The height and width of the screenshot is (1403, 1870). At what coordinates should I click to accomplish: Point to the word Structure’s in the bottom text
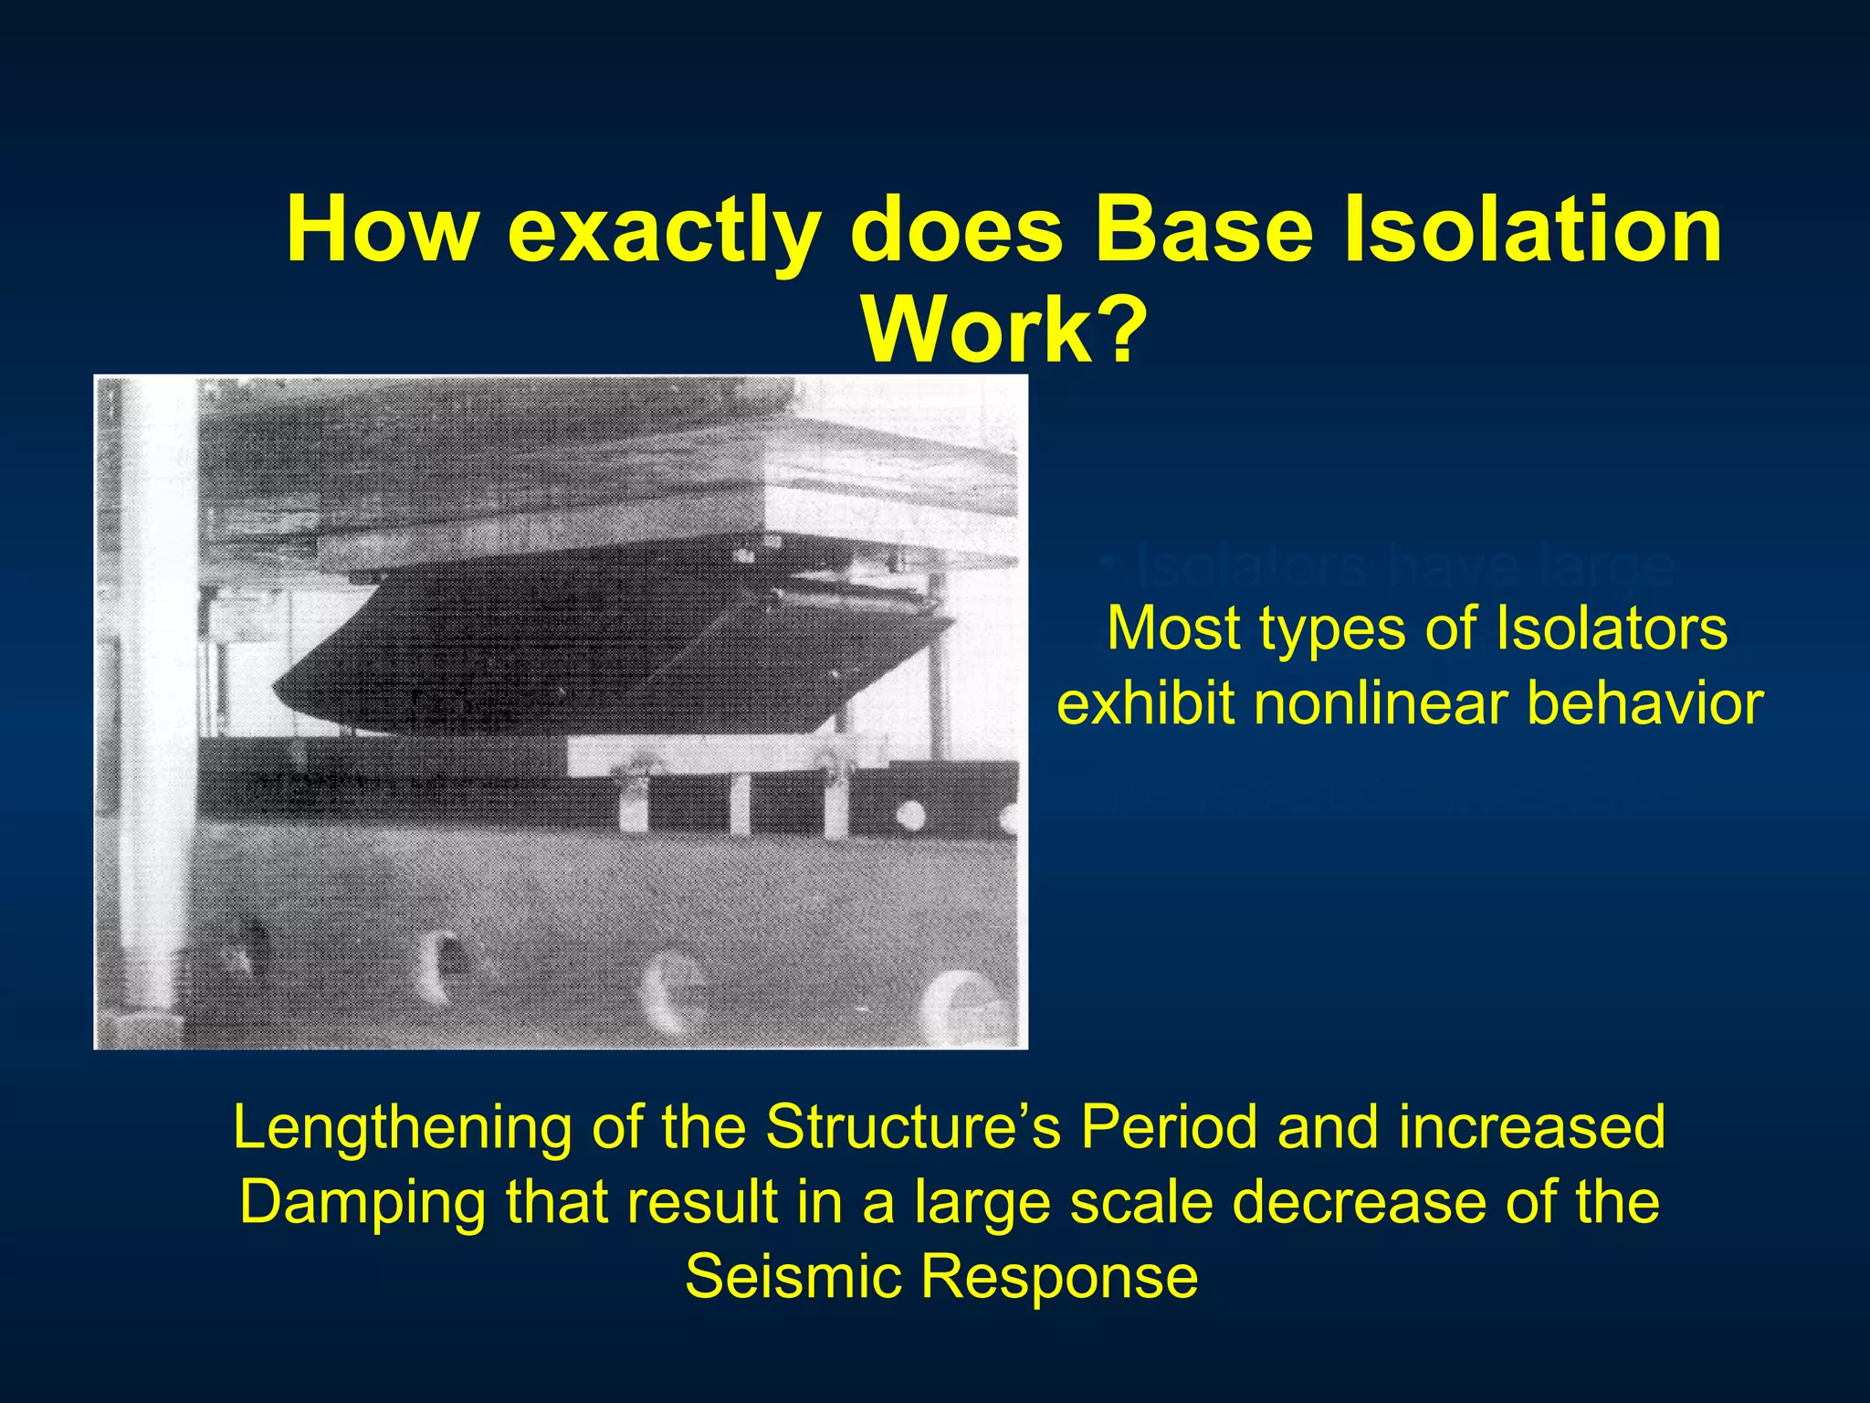click(912, 1126)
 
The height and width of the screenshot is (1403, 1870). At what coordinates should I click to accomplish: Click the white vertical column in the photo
click(151, 694)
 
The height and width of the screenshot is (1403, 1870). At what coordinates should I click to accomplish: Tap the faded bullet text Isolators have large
click(1388, 566)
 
